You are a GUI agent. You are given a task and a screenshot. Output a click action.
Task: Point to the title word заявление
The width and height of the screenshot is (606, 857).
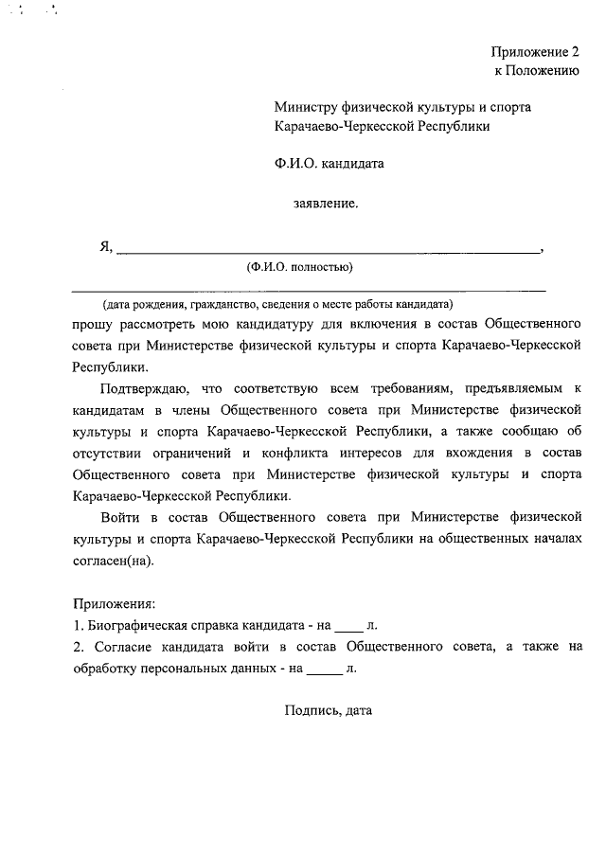pos(326,203)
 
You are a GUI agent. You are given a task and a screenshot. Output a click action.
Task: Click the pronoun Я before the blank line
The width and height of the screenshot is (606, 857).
pos(105,248)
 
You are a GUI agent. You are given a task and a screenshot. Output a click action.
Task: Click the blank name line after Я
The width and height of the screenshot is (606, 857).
pos(327,252)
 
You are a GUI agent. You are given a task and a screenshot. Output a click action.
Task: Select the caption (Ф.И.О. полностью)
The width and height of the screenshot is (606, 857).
pos(299,267)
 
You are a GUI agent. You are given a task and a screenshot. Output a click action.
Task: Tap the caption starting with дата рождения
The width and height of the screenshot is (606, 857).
pos(278,305)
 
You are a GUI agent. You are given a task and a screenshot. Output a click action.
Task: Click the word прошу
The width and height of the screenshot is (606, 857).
pos(91,324)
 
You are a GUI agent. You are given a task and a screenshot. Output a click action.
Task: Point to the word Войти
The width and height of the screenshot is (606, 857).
pos(120,517)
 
